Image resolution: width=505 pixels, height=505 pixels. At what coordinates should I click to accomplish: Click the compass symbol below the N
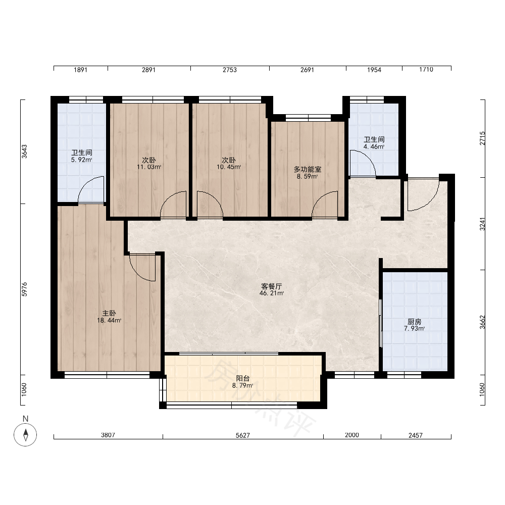pyautogui.click(x=25, y=434)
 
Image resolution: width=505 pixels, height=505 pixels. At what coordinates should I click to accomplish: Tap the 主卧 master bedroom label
pyautogui.click(x=109, y=313)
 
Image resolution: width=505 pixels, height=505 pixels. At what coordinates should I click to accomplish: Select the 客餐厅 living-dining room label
pyautogui.click(x=272, y=286)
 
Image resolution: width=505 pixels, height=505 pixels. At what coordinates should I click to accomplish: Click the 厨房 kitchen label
pyautogui.click(x=415, y=321)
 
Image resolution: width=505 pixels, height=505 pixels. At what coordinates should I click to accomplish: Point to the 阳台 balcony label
pyautogui.click(x=243, y=378)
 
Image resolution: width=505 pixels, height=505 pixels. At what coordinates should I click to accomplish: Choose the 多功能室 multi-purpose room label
pyautogui.click(x=308, y=169)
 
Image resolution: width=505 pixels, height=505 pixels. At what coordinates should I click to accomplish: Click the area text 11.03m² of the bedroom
pyautogui.click(x=149, y=167)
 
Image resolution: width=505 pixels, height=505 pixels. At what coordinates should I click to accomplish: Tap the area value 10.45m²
pyautogui.click(x=229, y=167)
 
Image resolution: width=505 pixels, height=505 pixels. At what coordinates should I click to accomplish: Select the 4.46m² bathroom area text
pyautogui.click(x=374, y=146)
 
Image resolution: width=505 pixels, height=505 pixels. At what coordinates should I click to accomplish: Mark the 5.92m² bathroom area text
pyautogui.click(x=82, y=160)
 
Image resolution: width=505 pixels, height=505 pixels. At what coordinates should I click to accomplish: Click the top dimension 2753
pyautogui.click(x=230, y=70)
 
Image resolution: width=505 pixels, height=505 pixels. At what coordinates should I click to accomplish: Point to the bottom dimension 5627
pyautogui.click(x=243, y=435)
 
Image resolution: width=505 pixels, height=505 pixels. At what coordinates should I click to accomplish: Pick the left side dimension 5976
pyautogui.click(x=24, y=289)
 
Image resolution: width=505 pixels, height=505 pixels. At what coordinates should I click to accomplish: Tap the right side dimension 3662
pyautogui.click(x=482, y=322)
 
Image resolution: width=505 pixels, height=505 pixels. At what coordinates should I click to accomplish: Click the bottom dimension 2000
pyautogui.click(x=351, y=435)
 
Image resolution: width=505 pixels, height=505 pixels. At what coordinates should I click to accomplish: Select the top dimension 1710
pyautogui.click(x=426, y=70)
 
